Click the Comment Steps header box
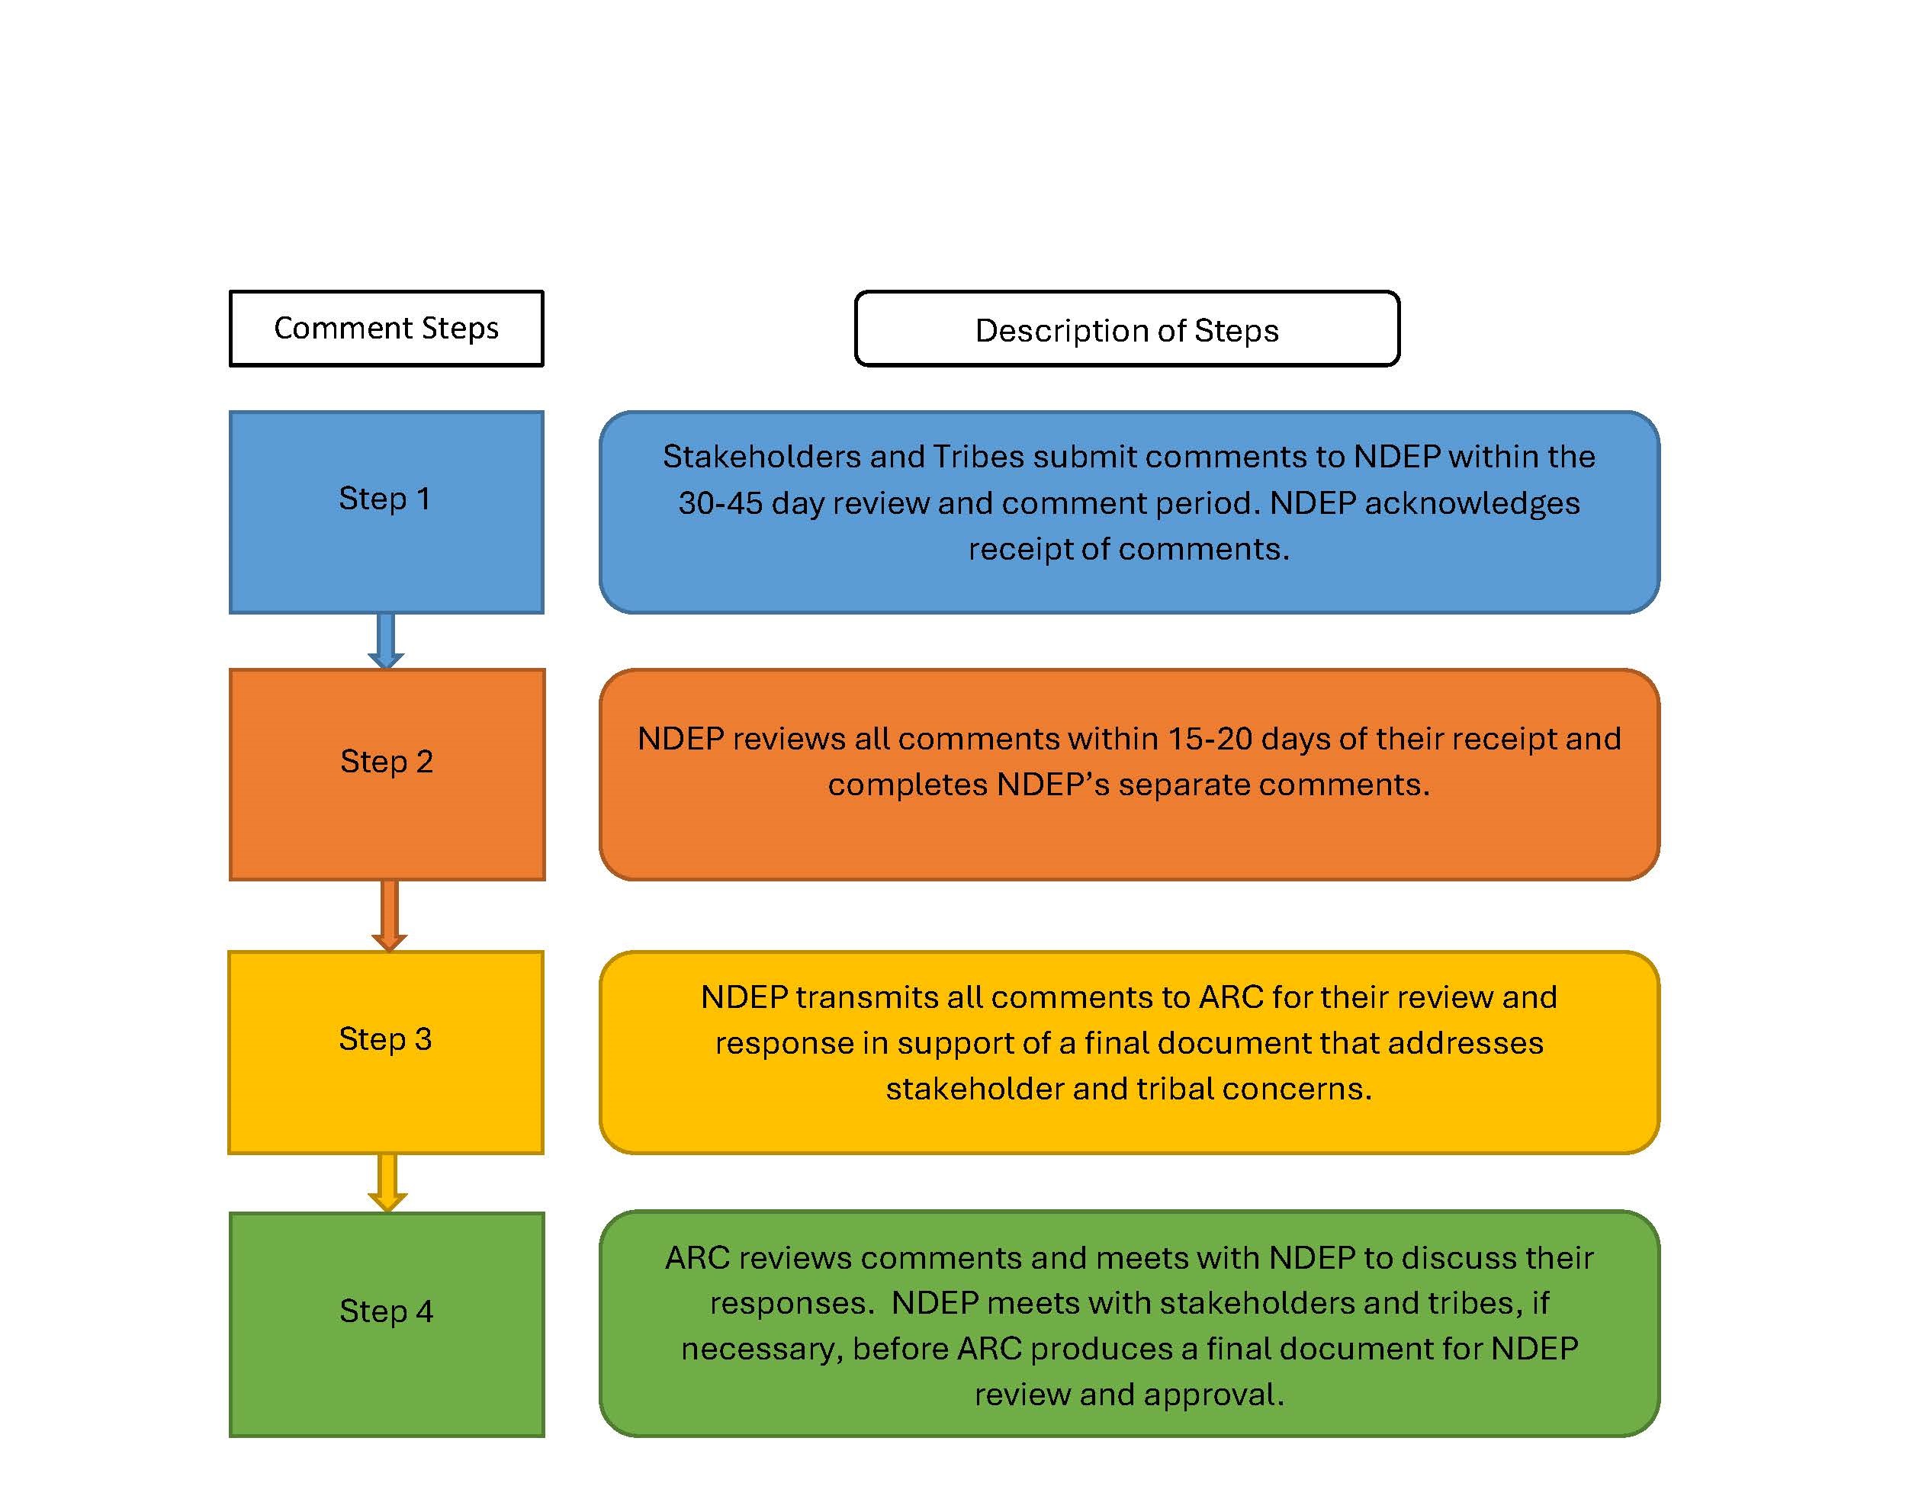(x=386, y=328)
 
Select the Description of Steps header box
(x=1126, y=329)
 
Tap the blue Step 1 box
(x=386, y=512)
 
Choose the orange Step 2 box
(x=386, y=774)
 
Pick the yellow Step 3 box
(x=386, y=1051)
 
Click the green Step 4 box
(x=386, y=1324)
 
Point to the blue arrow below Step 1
(x=385, y=640)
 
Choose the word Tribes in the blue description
(x=978, y=457)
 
